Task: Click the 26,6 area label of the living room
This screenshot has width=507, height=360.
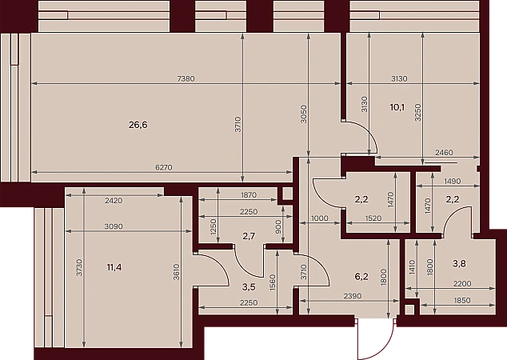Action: pyautogui.click(x=138, y=125)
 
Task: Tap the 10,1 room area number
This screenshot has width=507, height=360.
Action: pyautogui.click(x=397, y=107)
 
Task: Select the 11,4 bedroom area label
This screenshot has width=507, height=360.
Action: pyautogui.click(x=114, y=267)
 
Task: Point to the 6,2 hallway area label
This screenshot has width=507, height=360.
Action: pyautogui.click(x=361, y=277)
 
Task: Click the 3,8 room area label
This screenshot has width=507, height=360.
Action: pyautogui.click(x=459, y=264)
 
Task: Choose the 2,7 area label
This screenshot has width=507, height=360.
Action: pyautogui.click(x=249, y=237)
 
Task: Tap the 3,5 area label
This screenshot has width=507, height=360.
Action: pyautogui.click(x=249, y=286)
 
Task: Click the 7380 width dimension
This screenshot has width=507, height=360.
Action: pyautogui.click(x=186, y=78)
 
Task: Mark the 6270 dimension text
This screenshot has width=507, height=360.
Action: pyautogui.click(x=164, y=167)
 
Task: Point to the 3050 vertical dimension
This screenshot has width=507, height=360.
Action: pyautogui.click(x=303, y=114)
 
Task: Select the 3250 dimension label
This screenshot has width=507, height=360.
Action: pyautogui.click(x=417, y=112)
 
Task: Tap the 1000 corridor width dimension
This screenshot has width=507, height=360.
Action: pyautogui.click(x=319, y=218)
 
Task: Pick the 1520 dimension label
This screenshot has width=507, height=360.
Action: pyautogui.click(x=373, y=218)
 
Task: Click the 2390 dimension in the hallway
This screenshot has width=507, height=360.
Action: pyautogui.click(x=353, y=296)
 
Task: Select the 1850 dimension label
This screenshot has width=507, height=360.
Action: pyautogui.click(x=462, y=301)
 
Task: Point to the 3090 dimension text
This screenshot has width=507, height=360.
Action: pyautogui.click(x=114, y=226)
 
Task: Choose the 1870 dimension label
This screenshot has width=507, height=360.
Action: pyautogui.click(x=249, y=195)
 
